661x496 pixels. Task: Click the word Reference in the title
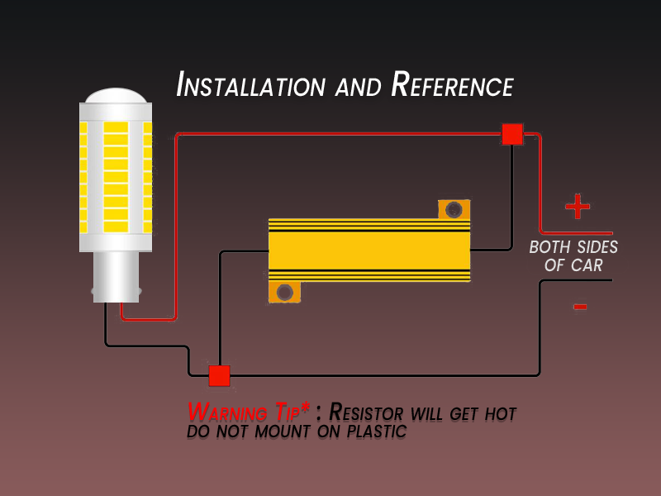point(452,85)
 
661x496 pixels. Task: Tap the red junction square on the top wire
point(512,134)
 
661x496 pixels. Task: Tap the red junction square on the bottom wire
point(219,376)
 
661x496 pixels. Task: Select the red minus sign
point(580,307)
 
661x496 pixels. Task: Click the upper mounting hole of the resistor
point(453,210)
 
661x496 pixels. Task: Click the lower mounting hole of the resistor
point(285,292)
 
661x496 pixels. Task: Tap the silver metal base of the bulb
point(116,277)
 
